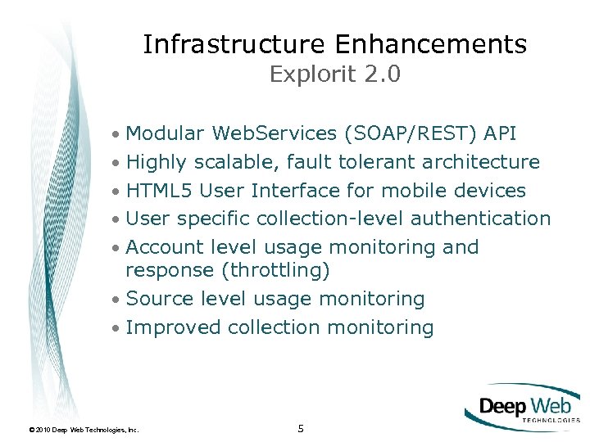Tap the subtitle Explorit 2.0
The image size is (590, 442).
coord(334,74)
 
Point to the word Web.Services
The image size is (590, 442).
coord(275,134)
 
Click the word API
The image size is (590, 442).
coord(500,134)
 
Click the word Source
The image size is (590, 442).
coord(161,299)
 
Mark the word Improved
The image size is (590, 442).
coord(174,327)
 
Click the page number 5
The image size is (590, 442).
coord(301,428)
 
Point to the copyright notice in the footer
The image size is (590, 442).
coord(84,429)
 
